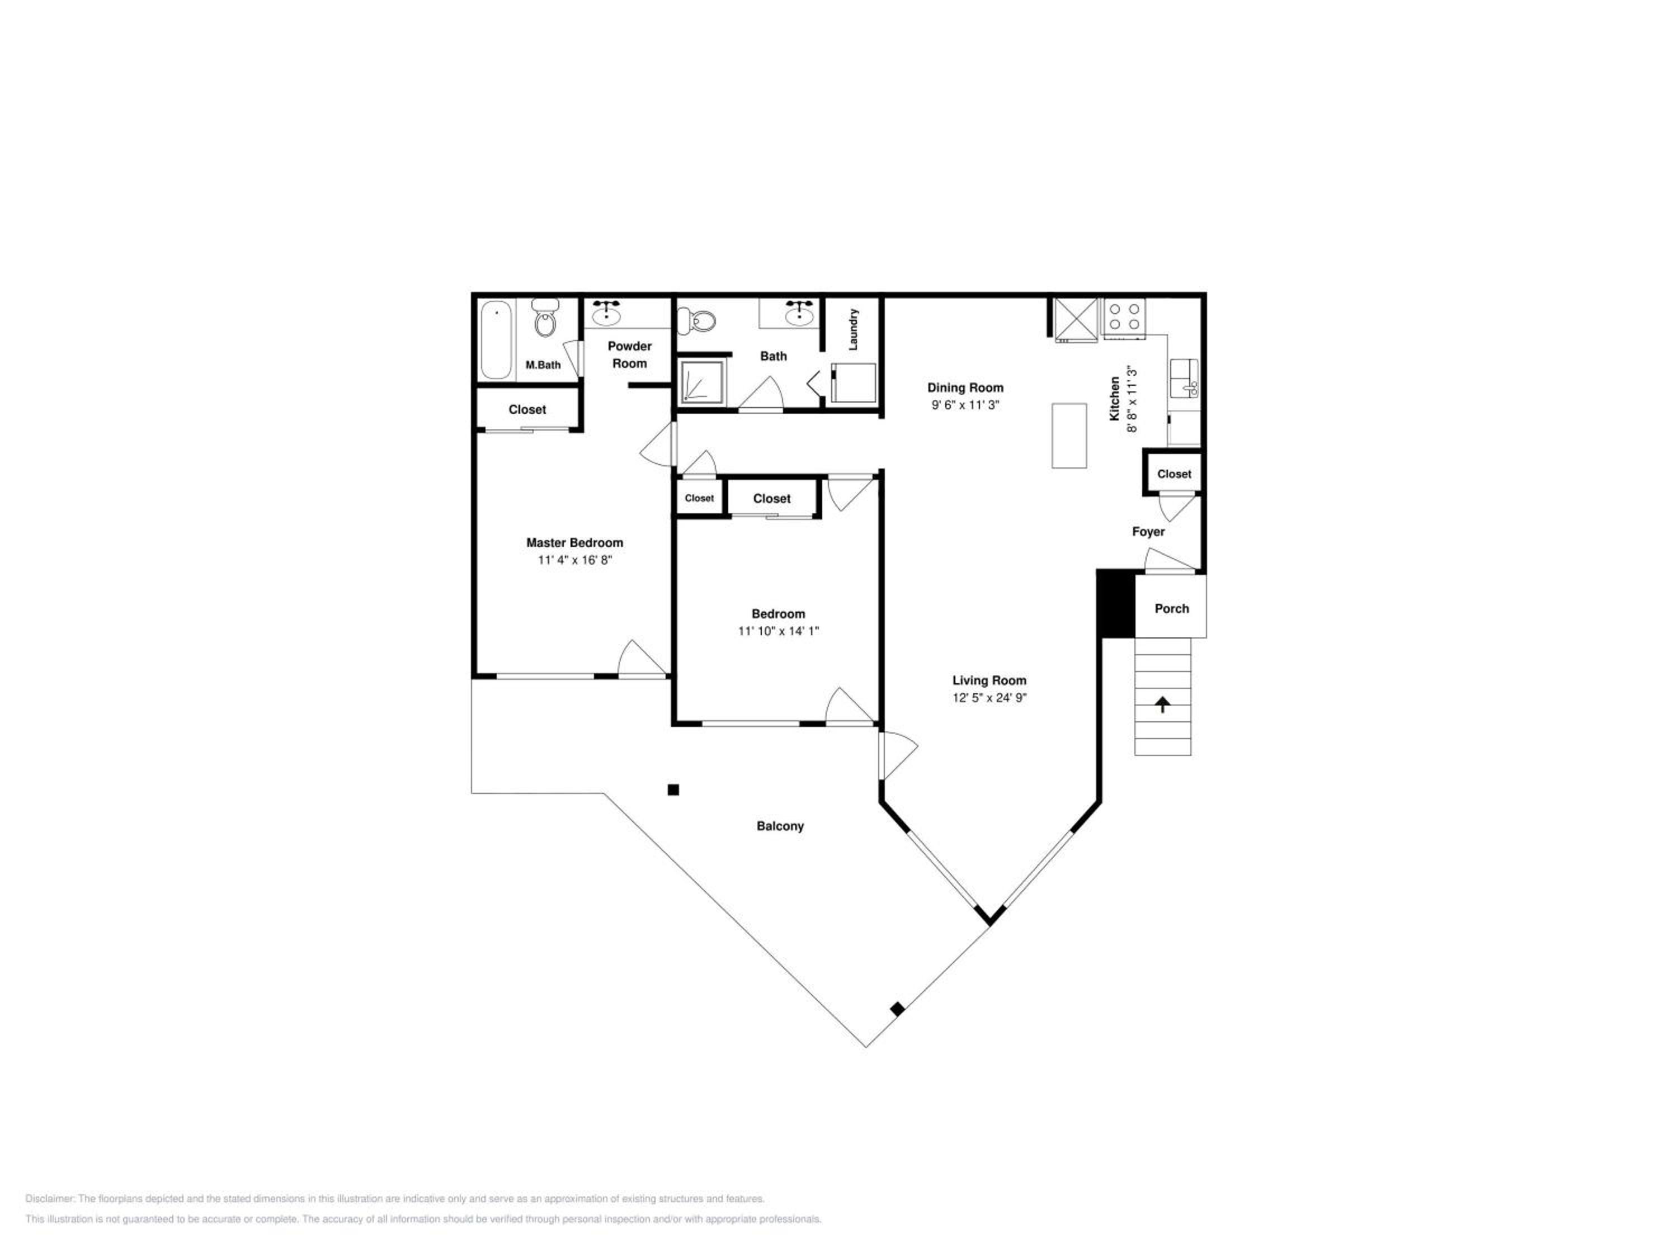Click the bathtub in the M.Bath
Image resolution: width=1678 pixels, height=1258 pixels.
click(496, 340)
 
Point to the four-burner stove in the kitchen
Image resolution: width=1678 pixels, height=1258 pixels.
click(1124, 316)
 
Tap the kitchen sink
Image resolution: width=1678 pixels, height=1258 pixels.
click(1184, 377)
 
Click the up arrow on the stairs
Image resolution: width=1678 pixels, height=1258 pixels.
click(1162, 705)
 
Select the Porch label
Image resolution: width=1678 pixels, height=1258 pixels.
click(1172, 608)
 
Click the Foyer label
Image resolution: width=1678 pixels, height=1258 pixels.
click(1148, 532)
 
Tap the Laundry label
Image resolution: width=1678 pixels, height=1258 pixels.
click(854, 329)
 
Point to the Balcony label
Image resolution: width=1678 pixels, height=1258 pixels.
click(780, 826)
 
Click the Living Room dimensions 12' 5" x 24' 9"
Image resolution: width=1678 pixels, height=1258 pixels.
click(989, 698)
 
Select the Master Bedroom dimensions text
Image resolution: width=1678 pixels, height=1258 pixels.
click(574, 560)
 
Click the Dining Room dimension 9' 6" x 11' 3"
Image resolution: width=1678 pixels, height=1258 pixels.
click(965, 405)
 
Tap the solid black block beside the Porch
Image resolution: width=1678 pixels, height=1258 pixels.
click(1116, 604)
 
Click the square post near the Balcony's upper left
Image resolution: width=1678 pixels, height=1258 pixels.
click(673, 790)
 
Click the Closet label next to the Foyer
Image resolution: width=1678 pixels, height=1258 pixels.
click(1174, 474)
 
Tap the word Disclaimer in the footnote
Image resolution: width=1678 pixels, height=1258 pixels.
click(49, 1199)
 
